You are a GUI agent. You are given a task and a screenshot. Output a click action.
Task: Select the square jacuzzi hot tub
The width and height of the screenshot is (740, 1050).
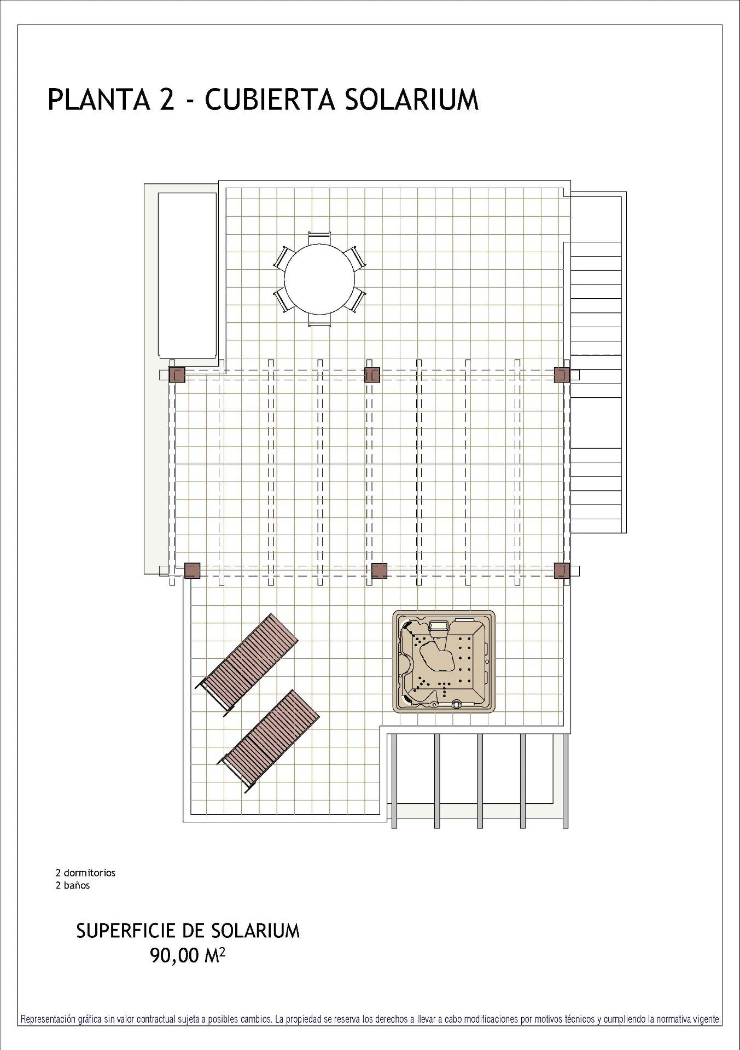pyautogui.click(x=445, y=662)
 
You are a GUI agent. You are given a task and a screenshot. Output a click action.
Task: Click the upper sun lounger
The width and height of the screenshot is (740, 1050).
pyautogui.click(x=247, y=663)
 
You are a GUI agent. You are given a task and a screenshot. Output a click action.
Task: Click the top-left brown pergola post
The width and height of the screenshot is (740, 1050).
pyautogui.click(x=177, y=375)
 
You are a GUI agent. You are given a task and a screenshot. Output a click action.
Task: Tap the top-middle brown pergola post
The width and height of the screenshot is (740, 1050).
pyautogui.click(x=372, y=375)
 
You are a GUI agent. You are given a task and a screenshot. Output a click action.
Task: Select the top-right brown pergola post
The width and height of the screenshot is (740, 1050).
pyautogui.click(x=562, y=375)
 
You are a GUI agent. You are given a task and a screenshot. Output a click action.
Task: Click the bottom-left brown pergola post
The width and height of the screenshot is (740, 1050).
pyautogui.click(x=192, y=570)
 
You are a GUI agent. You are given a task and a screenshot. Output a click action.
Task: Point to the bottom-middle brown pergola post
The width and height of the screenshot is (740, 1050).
pyautogui.click(x=379, y=570)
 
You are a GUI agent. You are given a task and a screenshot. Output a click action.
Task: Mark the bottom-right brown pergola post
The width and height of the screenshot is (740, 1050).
pyautogui.click(x=562, y=570)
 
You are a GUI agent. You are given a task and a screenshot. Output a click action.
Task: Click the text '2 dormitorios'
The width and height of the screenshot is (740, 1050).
pyautogui.click(x=85, y=873)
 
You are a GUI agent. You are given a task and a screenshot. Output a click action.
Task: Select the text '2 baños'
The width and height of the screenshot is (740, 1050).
pyautogui.click(x=73, y=885)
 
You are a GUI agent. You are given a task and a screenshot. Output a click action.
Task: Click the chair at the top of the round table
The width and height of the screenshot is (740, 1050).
pyautogui.click(x=319, y=239)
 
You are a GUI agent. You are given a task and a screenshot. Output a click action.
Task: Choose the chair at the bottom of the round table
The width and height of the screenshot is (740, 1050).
pyautogui.click(x=319, y=320)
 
